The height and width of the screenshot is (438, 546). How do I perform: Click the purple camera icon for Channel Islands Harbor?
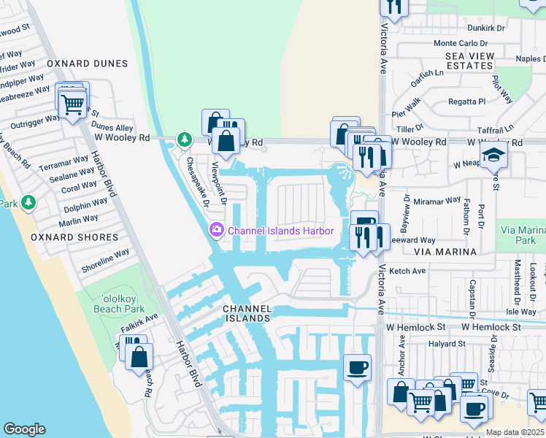[216, 231]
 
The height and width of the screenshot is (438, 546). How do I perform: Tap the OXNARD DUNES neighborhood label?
[82, 64]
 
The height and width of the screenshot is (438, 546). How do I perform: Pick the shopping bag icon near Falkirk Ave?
[138, 358]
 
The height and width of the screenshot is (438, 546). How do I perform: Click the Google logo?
[24, 429]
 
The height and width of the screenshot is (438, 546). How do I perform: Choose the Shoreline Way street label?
[105, 260]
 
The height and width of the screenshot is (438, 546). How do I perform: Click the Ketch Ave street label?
[407, 271]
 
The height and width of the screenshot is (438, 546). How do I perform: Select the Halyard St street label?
[447, 343]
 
